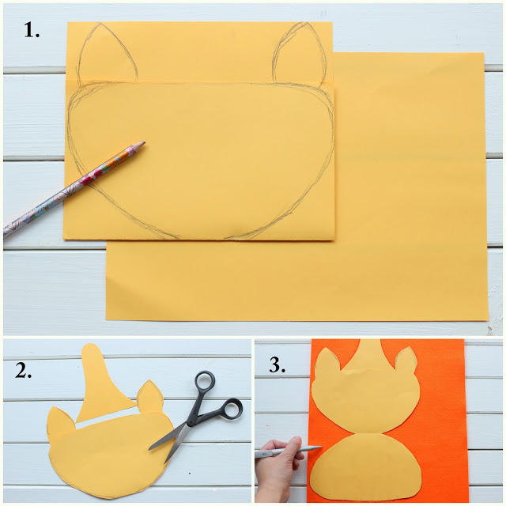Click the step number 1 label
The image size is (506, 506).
coord(32,31)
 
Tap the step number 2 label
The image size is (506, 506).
coord(23,371)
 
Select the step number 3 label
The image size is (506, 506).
coord(278,365)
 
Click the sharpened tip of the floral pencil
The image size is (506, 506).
coord(144,142)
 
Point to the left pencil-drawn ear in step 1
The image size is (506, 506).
coord(107,53)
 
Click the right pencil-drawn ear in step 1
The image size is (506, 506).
coord(299,53)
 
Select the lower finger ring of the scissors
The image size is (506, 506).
coord(232,409)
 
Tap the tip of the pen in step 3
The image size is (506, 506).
coord(321,447)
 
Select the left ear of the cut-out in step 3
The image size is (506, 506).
coord(327,361)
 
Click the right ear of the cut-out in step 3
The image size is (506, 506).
coord(406,360)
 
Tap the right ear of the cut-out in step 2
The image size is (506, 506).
coord(149,396)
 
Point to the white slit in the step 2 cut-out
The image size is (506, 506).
coord(108,418)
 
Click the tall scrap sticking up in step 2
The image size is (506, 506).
coord(100,381)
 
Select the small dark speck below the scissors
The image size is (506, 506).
coord(190,474)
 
